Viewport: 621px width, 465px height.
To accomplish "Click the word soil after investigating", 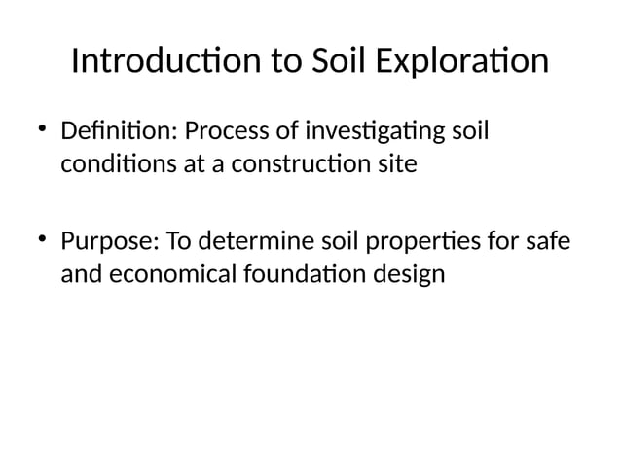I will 464,128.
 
